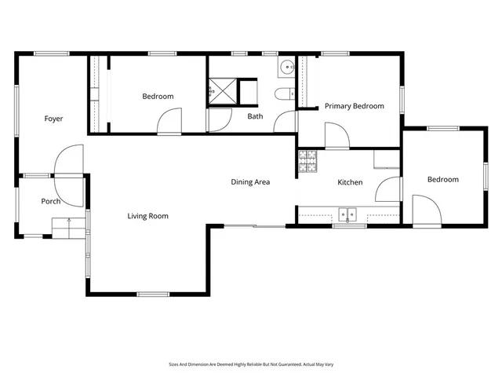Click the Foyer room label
[x=53, y=119]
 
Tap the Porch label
[x=51, y=202]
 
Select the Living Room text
[x=148, y=216]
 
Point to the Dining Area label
[x=250, y=182]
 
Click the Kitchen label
[x=350, y=182]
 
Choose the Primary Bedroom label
[x=355, y=106]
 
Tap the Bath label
[x=255, y=117]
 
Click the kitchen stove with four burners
[x=307, y=161]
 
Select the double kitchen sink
[x=347, y=213]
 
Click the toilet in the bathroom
[x=283, y=96]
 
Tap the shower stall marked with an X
[x=223, y=91]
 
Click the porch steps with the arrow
[x=68, y=227]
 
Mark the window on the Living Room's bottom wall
[x=153, y=295]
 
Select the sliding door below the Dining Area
[x=260, y=227]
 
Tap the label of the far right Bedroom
[x=442, y=180]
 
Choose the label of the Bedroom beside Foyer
[x=158, y=97]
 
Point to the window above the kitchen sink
[x=348, y=226]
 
